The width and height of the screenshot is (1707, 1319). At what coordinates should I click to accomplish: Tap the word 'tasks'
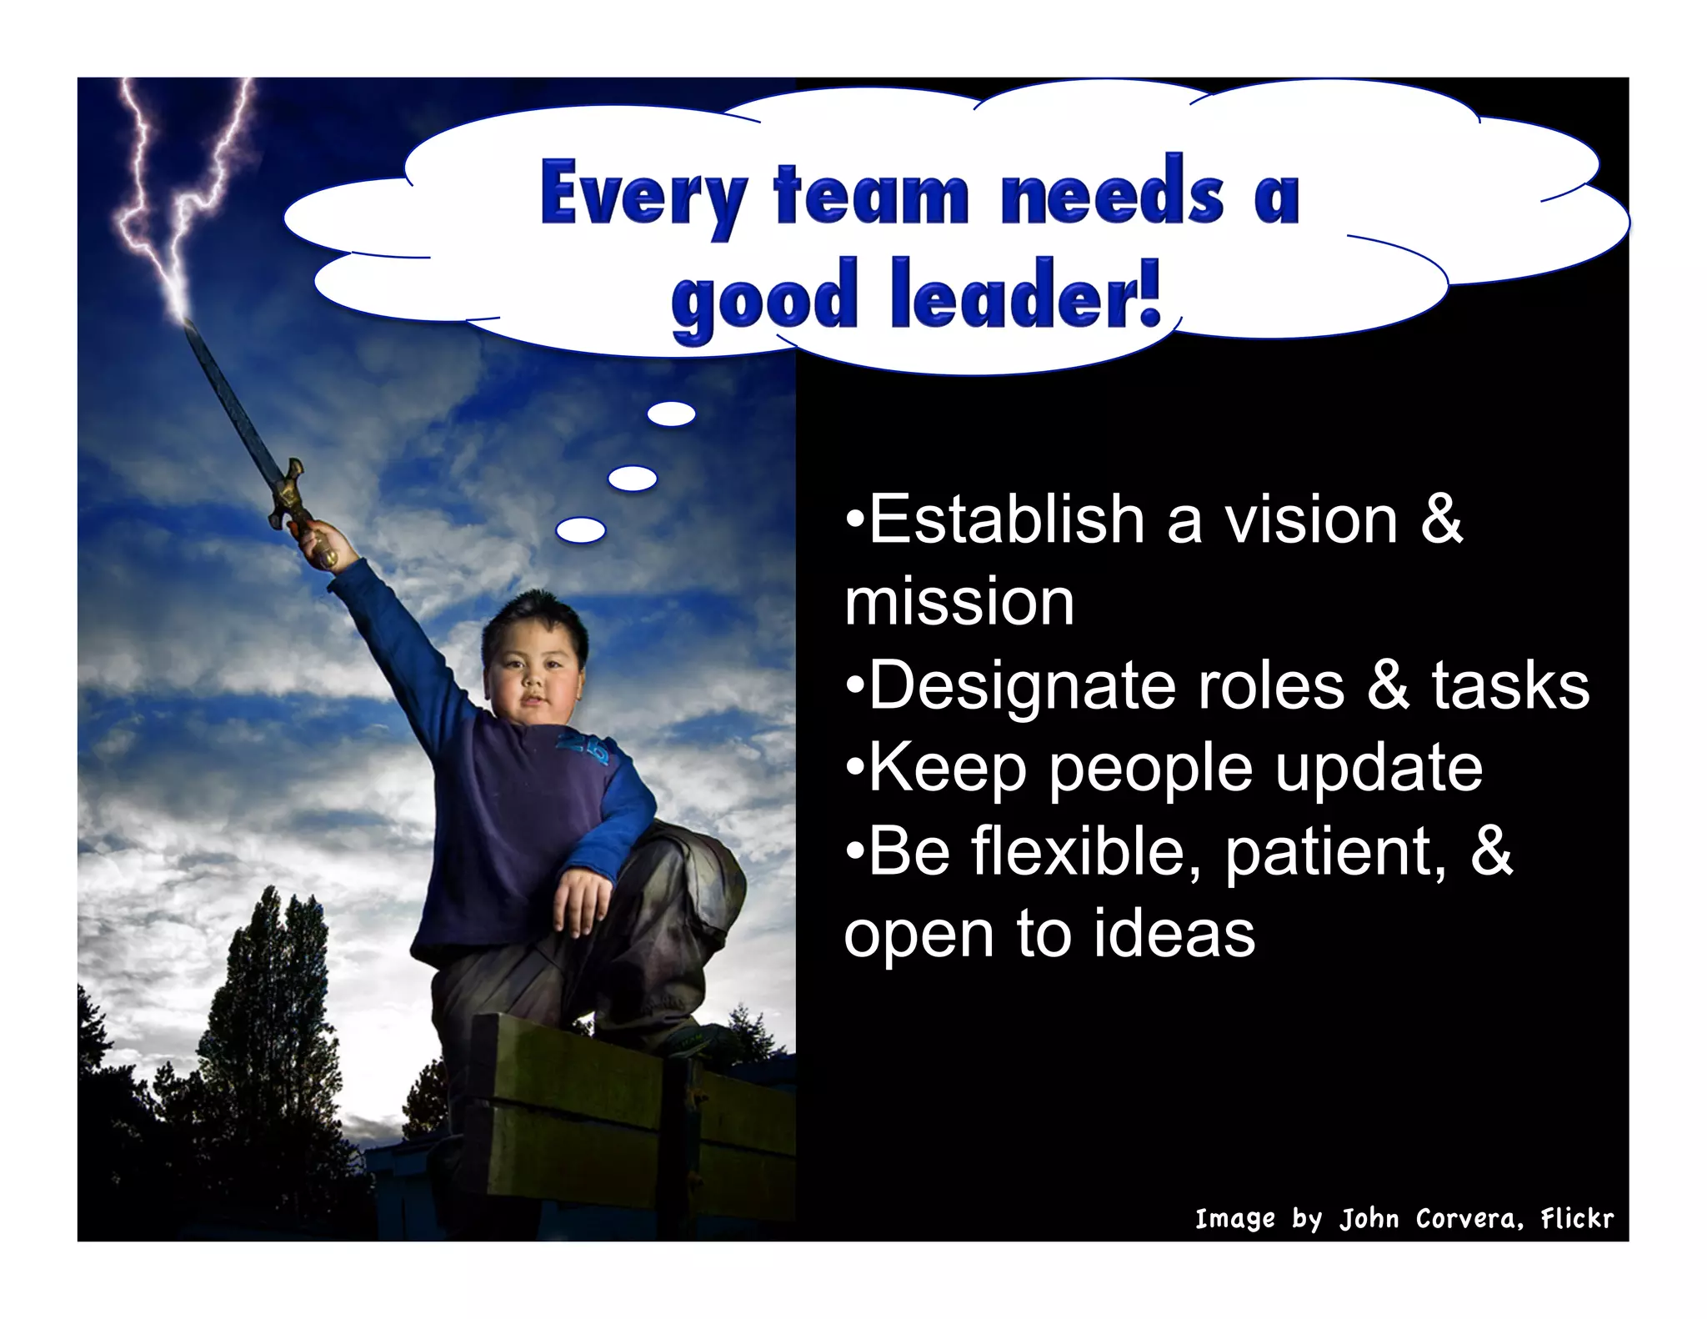click(x=1510, y=685)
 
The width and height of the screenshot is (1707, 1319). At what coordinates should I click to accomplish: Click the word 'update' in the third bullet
click(x=1379, y=769)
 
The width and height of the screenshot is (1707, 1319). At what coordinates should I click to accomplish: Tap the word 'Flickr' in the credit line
click(x=1577, y=1219)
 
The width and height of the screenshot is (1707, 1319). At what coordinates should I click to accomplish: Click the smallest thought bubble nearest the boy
click(x=581, y=529)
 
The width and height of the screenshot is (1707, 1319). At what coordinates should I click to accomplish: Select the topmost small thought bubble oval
click(x=671, y=414)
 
